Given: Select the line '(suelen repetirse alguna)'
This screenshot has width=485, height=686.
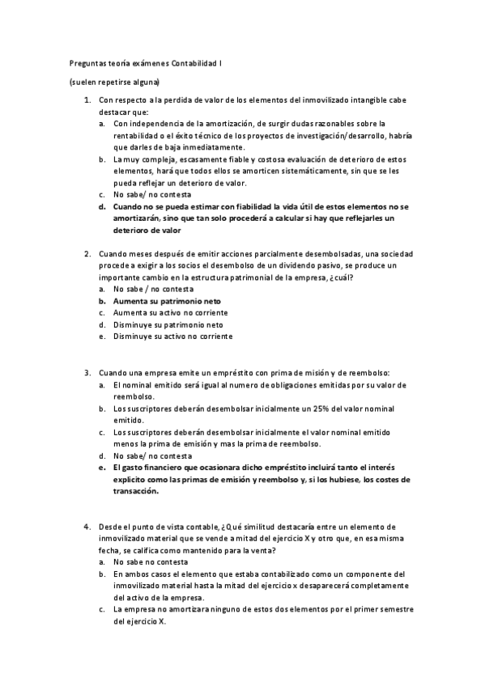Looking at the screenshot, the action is pos(113,82).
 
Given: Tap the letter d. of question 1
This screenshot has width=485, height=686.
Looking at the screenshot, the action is pos(102,206).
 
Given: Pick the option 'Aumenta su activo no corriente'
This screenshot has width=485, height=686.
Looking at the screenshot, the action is pos(171,312).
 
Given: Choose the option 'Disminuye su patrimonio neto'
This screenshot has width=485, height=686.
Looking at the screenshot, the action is pos(168,324).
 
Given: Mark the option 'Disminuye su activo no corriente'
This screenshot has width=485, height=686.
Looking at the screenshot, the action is pos(172,336).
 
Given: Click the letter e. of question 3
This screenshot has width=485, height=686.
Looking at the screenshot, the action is pos(102,468).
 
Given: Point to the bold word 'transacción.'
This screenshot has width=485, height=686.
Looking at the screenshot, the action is pos(137,490).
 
